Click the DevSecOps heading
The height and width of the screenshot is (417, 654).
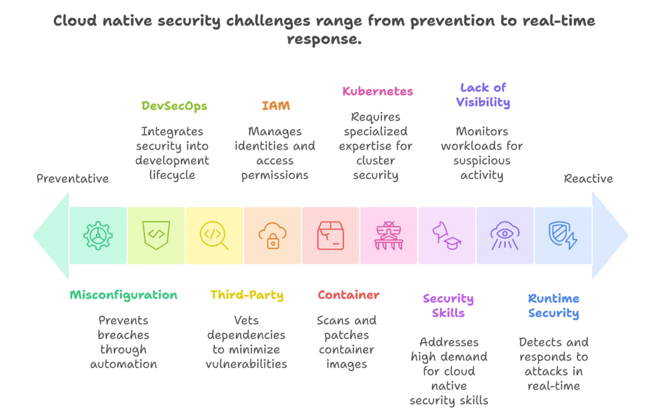(x=174, y=106)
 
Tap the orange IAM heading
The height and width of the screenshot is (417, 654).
(x=275, y=106)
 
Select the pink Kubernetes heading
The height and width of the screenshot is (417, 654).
(x=377, y=91)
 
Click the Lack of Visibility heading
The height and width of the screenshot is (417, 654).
(x=483, y=95)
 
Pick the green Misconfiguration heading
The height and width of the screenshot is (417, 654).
(x=123, y=295)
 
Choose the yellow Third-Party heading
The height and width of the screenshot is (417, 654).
(x=247, y=295)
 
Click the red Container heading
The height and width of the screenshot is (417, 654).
(x=348, y=295)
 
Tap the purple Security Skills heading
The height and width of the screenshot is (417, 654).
(x=448, y=306)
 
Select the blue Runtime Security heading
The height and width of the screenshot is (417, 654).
(x=553, y=306)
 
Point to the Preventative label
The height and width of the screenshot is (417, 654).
(x=72, y=179)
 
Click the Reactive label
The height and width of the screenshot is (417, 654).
(x=588, y=179)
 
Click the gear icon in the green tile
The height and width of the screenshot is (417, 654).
(x=98, y=236)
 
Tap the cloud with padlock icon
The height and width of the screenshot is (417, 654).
(x=273, y=236)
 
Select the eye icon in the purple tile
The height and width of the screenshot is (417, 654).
(x=505, y=236)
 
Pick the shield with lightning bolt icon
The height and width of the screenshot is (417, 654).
(x=563, y=236)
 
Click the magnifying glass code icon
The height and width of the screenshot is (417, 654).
(x=214, y=236)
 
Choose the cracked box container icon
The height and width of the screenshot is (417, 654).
(x=331, y=236)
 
